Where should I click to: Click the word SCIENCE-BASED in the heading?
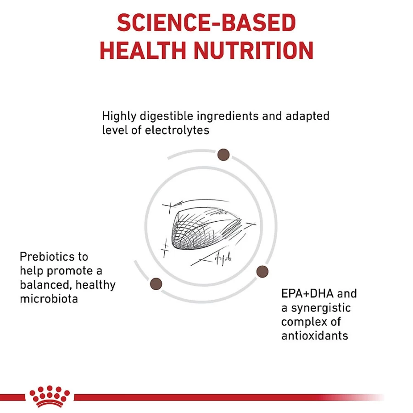point(206,23)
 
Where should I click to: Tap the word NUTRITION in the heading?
point(254,50)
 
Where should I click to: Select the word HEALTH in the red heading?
point(143,50)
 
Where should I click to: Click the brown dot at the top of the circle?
point(223,155)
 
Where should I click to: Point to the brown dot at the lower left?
point(156,284)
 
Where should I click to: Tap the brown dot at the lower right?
point(262,272)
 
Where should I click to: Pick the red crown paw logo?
point(50,397)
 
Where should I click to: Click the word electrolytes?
point(177,130)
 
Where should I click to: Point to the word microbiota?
point(49,299)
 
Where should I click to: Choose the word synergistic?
point(321,308)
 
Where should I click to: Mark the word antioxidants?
point(315,336)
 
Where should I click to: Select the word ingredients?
point(228,116)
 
